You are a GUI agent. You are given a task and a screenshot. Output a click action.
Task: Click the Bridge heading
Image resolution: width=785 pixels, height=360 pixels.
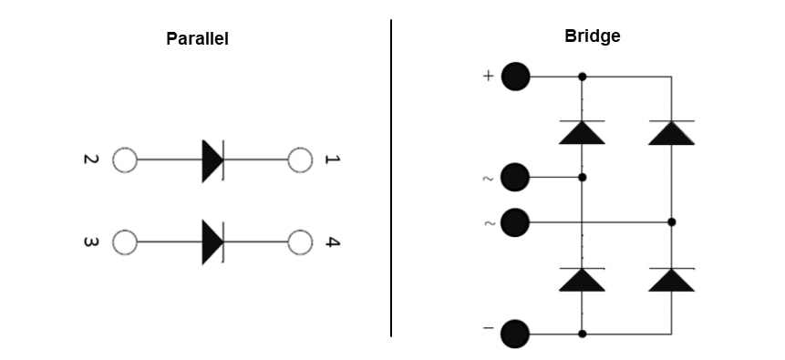pos(593,36)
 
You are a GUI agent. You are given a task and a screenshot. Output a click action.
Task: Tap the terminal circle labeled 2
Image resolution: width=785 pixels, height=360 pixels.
pos(124,160)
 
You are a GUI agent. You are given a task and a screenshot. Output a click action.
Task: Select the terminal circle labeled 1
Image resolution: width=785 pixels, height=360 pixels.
pos(300,160)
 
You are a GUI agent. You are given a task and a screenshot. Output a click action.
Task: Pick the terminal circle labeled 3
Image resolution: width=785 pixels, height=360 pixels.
pos(124,242)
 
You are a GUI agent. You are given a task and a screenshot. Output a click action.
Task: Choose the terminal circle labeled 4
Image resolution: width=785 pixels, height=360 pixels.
pos(300,242)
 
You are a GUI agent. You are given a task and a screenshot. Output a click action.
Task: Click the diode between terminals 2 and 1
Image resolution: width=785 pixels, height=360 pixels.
pos(212,160)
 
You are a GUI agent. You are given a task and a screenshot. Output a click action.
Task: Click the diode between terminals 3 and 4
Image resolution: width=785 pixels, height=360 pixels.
pos(212,242)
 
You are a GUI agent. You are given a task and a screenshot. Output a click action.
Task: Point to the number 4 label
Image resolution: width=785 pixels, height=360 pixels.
pos(333,242)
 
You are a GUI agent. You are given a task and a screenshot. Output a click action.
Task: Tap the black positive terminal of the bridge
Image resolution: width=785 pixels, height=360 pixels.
pos(516,77)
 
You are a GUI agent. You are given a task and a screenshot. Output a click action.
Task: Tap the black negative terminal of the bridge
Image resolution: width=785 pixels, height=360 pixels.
pos(516,334)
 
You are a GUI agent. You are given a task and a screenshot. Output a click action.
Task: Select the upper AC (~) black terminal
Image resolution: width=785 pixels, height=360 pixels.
pos(516,177)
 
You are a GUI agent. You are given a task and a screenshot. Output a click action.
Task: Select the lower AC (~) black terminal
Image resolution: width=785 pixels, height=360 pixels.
pos(516,221)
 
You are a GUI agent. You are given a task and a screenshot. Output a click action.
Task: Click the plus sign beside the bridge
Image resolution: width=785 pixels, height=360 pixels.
pos(488,77)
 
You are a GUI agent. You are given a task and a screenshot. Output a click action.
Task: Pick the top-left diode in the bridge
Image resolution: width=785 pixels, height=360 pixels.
pos(582,132)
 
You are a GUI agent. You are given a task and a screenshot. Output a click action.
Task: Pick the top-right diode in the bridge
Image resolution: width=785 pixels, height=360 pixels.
pos(671,132)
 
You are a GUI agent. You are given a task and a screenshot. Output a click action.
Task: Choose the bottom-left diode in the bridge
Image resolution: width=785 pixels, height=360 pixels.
pos(582,280)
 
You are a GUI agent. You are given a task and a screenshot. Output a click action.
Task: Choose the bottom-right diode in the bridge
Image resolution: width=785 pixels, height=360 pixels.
pos(671,280)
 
